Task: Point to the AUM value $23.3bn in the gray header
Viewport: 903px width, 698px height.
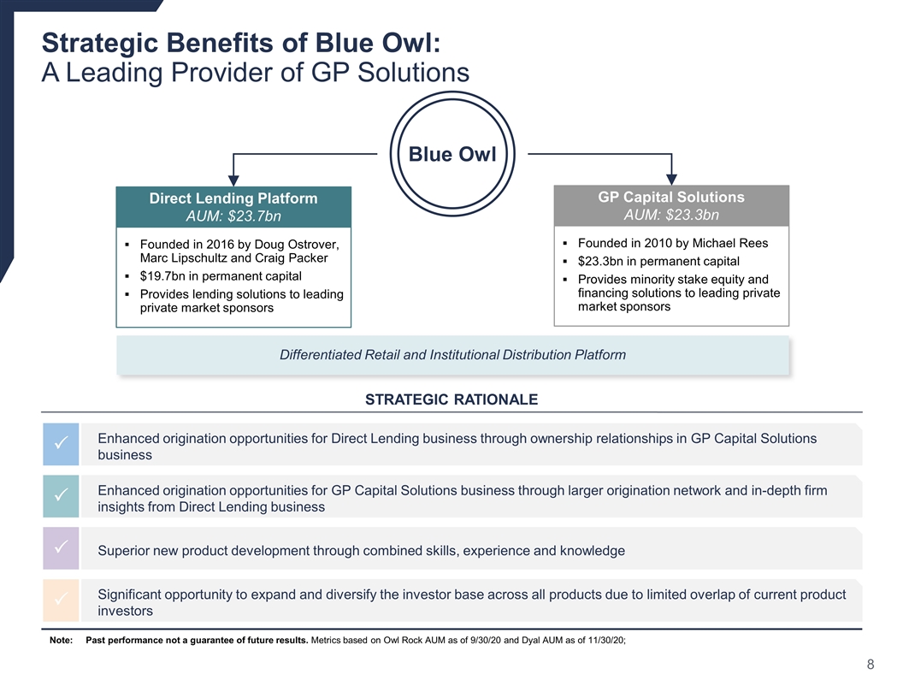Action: (693, 215)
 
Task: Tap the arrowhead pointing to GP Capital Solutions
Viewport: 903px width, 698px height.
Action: (671, 178)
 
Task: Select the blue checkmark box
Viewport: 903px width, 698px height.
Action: (61, 444)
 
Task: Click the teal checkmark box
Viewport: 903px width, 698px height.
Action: (61, 496)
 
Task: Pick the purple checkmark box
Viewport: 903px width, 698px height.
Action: (61, 547)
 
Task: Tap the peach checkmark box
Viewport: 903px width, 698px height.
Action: (61, 600)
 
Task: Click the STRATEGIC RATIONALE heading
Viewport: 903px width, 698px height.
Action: (451, 399)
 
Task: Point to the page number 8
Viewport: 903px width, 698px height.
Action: (871, 665)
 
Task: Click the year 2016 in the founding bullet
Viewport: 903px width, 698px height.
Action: (220, 245)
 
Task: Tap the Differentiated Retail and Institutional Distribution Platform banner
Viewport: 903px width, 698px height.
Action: (452, 355)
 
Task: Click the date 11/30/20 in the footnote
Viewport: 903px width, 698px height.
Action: (605, 641)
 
